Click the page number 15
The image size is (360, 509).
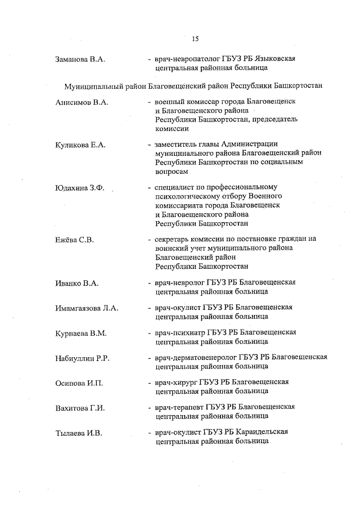[195, 39]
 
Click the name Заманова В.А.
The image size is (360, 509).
[81, 59]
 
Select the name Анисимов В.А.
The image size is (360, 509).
[82, 102]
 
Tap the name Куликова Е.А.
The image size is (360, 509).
[80, 145]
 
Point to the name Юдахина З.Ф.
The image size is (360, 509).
[80, 188]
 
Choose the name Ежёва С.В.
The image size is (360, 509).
[74, 240]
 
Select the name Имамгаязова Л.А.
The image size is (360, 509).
[87, 308]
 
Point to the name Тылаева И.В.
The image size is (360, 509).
[79, 433]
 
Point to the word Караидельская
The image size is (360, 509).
[263, 433]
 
